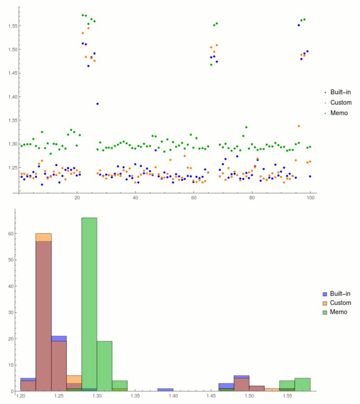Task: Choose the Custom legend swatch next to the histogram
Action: click(x=324, y=303)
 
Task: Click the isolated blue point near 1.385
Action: click(x=97, y=104)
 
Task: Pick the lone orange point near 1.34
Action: click(x=299, y=126)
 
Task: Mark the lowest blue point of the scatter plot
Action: click(x=42, y=184)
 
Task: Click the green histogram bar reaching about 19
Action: click(x=105, y=366)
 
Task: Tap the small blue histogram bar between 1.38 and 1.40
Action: click(x=165, y=390)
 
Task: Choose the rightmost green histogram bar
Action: click(x=302, y=384)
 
